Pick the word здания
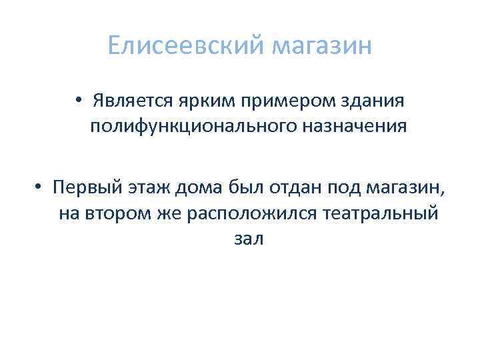click(x=371, y=102)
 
